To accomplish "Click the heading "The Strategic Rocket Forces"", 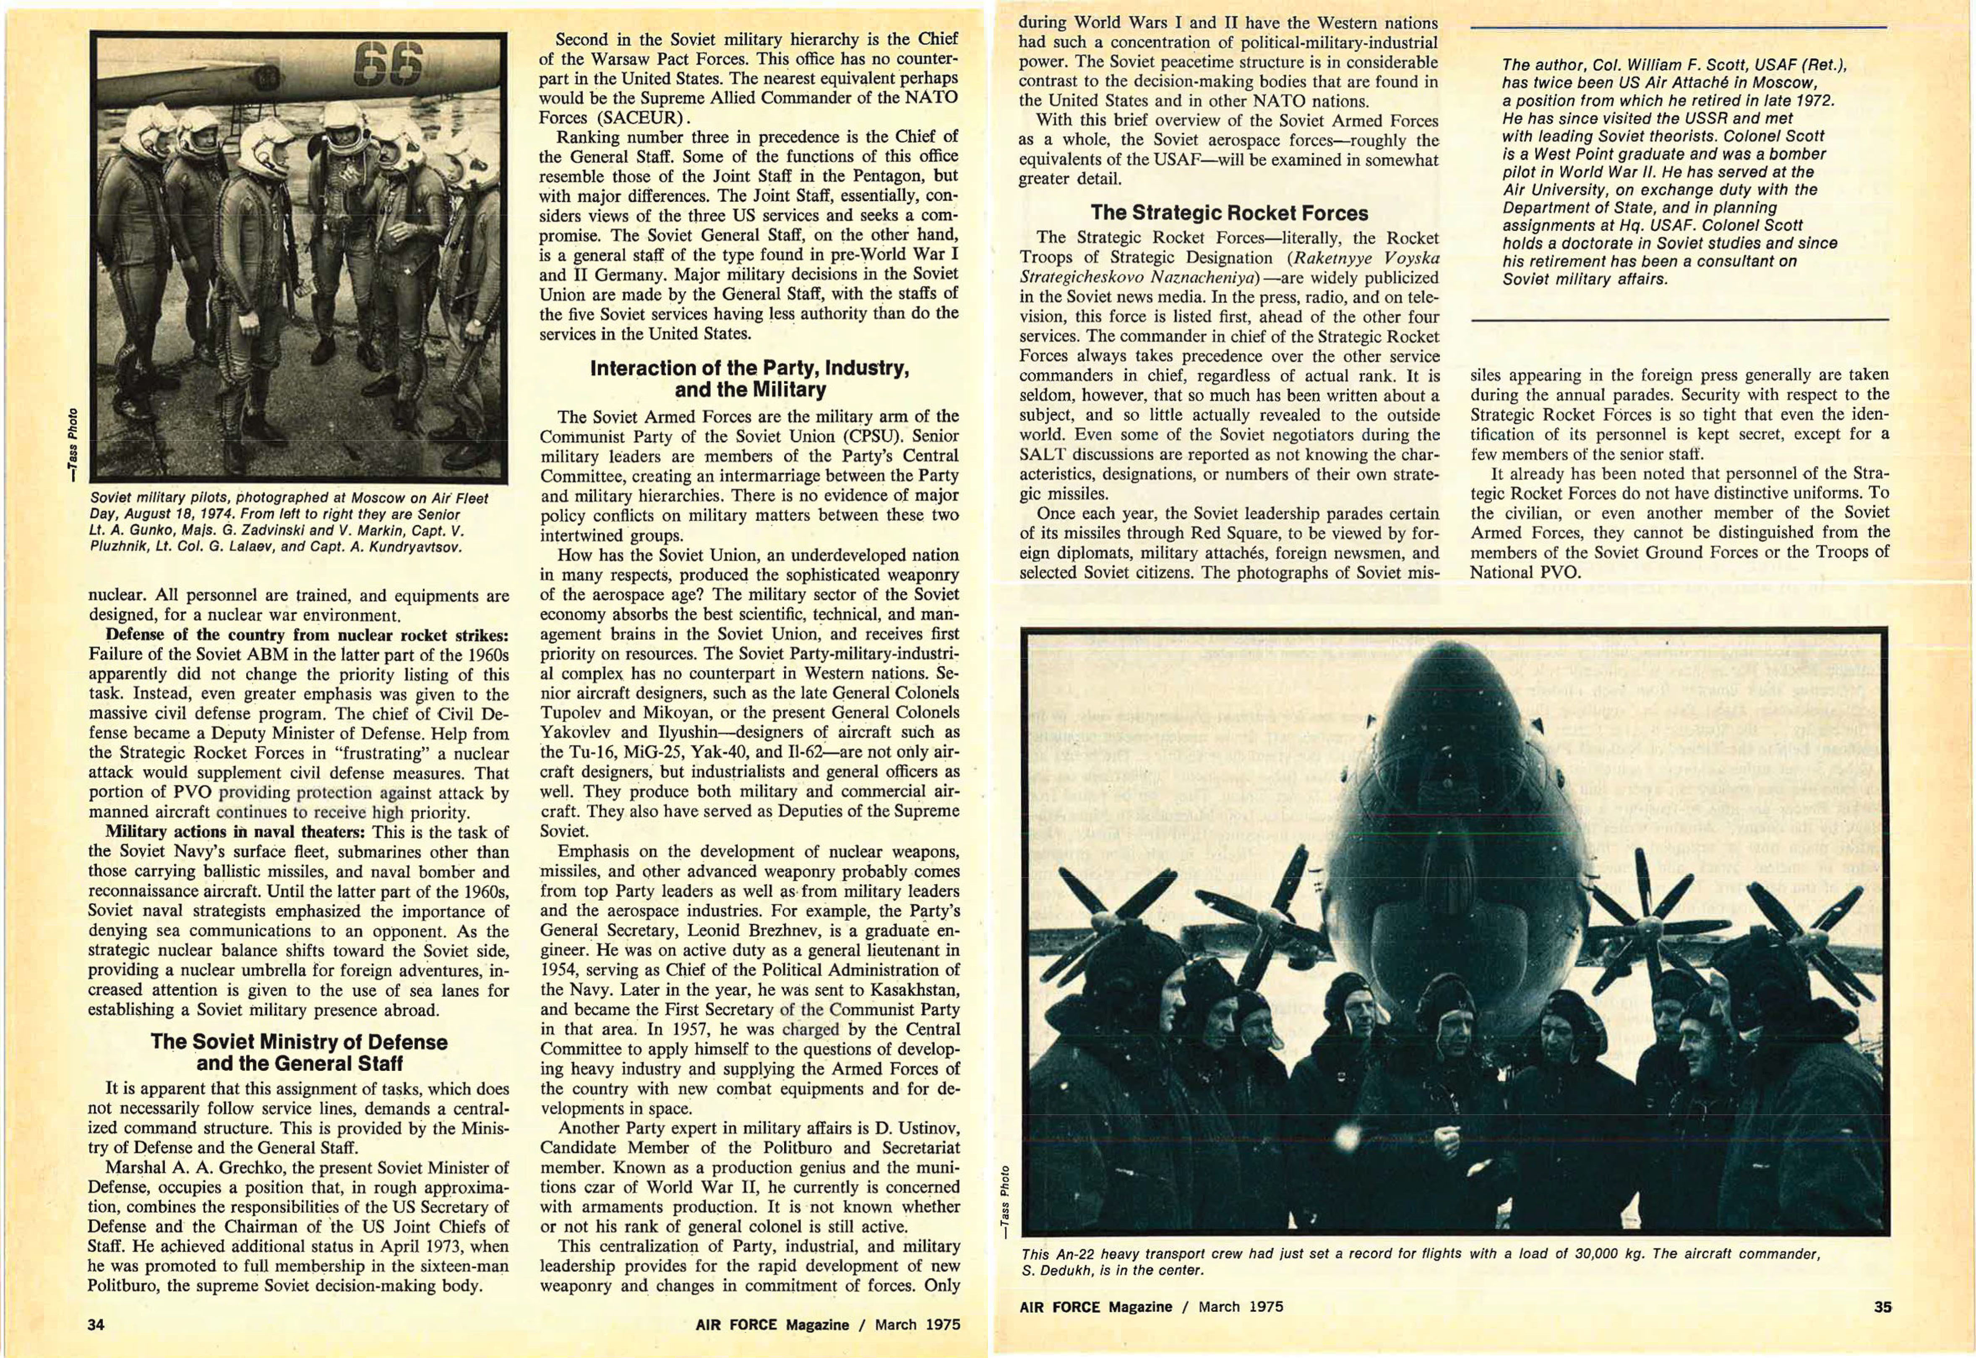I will coord(1229,213).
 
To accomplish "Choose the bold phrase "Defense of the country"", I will coord(196,635).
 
